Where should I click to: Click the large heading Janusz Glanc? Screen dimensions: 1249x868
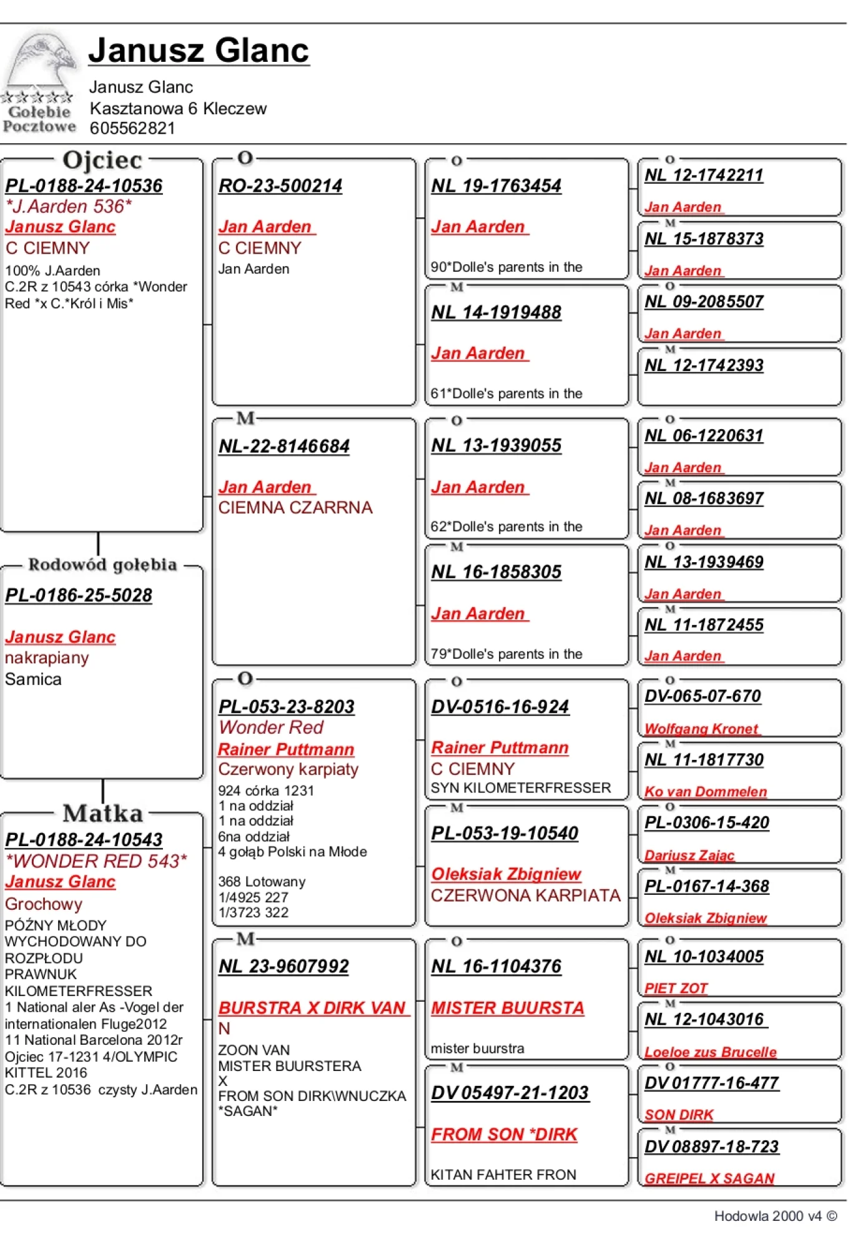pyautogui.click(x=199, y=50)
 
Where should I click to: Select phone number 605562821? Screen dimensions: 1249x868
pyautogui.click(x=132, y=128)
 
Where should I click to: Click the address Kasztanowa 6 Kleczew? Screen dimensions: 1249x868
pyautogui.click(x=178, y=108)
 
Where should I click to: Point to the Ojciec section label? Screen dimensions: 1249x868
pyautogui.click(x=102, y=160)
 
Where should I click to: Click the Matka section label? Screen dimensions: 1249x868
pyautogui.click(x=102, y=813)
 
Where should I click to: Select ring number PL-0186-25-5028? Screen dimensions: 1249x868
pyautogui.click(x=79, y=595)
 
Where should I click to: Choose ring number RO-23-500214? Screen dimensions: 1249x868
pyautogui.click(x=280, y=185)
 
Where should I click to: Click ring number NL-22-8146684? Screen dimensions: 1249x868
pyautogui.click(x=284, y=446)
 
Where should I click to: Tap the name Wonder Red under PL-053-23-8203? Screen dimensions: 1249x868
pyautogui.click(x=270, y=727)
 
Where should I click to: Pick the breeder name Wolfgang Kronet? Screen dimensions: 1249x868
pyautogui.click(x=701, y=729)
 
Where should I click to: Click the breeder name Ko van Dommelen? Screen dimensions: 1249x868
pyautogui.click(x=706, y=791)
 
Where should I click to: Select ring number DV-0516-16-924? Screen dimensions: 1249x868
pyautogui.click(x=500, y=706)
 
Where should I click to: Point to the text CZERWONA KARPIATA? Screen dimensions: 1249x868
pyautogui.click(x=526, y=896)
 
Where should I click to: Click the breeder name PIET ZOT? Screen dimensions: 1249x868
pyautogui.click(x=676, y=988)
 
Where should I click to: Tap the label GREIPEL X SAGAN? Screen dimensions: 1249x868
pyautogui.click(x=709, y=1178)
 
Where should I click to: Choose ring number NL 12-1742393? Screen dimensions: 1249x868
pyautogui.click(x=704, y=365)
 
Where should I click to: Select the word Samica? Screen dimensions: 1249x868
pyautogui.click(x=33, y=679)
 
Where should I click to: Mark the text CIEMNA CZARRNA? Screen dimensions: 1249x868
pyautogui.click(x=295, y=508)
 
